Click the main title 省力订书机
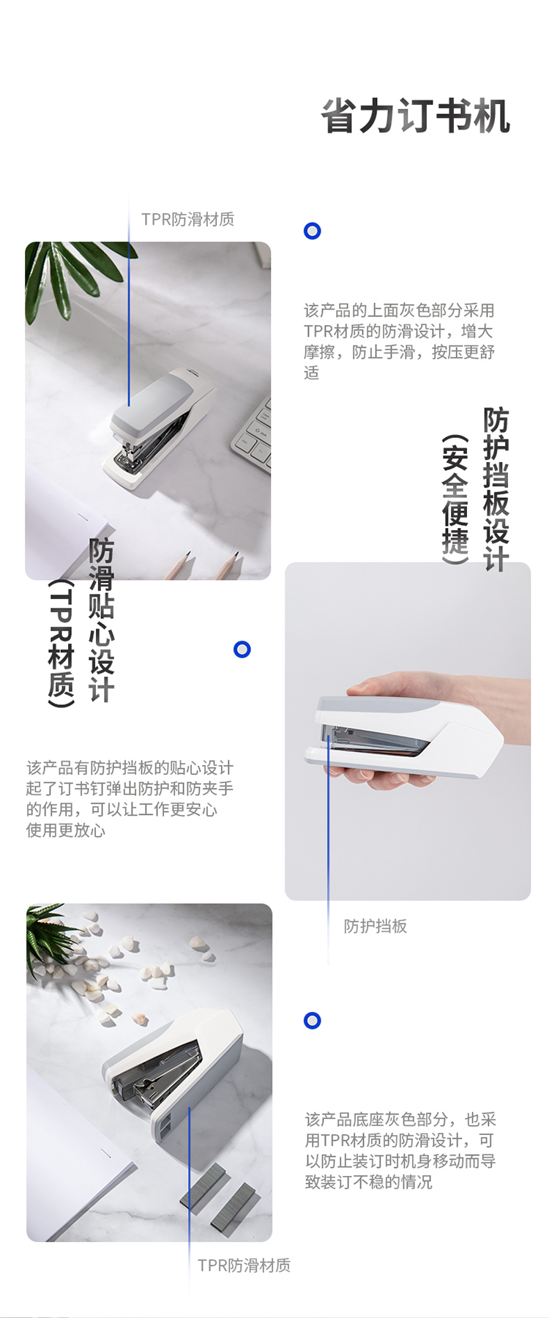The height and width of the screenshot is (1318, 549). [x=416, y=117]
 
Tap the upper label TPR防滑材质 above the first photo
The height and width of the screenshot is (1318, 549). [x=188, y=220]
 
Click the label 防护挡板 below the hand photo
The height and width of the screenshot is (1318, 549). [x=376, y=926]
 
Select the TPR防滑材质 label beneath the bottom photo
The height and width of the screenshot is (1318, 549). [x=244, y=1265]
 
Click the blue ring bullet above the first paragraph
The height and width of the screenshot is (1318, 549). [x=313, y=231]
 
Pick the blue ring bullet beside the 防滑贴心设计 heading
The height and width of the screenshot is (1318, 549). [x=242, y=649]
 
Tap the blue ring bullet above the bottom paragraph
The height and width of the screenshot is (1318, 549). [x=313, y=1021]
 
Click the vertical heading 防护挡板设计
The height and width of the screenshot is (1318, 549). [x=496, y=489]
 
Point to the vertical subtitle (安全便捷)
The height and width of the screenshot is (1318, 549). [x=455, y=499]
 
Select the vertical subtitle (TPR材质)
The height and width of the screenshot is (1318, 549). [x=61, y=644]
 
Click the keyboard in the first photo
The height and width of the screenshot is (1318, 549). [x=253, y=436]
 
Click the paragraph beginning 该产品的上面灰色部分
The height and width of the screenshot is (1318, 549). [x=400, y=342]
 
